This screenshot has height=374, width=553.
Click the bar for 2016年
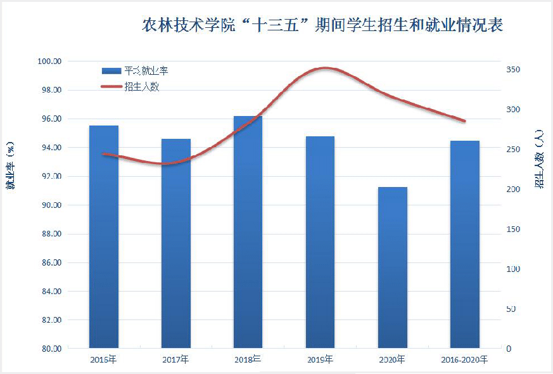104,238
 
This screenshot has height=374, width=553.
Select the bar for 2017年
175,244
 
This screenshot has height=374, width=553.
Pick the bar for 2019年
320,243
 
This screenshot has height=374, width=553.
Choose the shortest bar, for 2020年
392,268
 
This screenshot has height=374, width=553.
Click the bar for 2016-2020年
464,245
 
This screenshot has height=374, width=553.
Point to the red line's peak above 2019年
325,68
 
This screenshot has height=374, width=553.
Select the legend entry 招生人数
141,86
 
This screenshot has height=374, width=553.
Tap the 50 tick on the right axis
511,309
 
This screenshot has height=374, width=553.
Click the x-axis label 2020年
392,360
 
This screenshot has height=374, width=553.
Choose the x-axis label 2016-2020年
464,360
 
